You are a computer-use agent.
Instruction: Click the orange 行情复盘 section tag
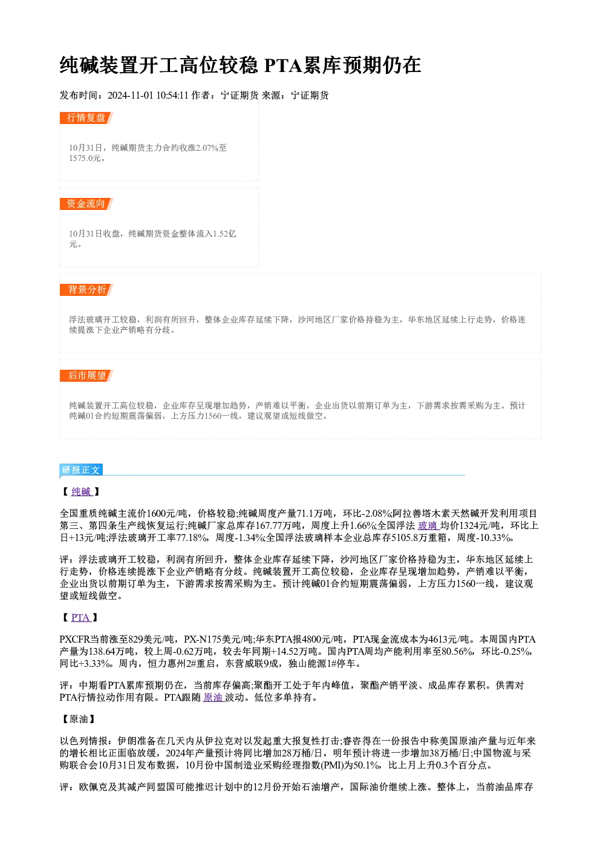(x=86, y=118)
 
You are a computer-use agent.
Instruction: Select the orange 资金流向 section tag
(x=86, y=204)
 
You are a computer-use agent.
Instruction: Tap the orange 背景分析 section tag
(x=86, y=290)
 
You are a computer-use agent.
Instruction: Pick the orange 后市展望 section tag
(x=86, y=376)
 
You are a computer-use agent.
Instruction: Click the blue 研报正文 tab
(x=81, y=470)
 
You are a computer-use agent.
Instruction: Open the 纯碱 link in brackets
(x=82, y=491)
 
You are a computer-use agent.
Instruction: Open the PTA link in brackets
(x=81, y=617)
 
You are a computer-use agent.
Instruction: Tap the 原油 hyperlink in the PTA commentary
(x=214, y=697)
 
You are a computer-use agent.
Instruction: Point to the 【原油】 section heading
(x=79, y=719)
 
